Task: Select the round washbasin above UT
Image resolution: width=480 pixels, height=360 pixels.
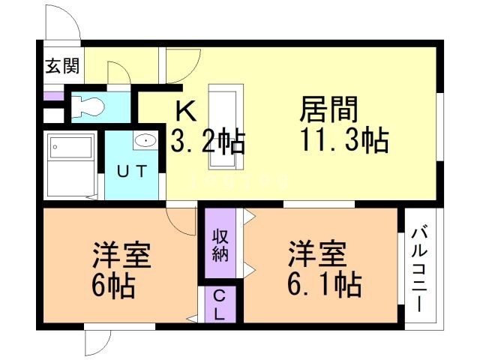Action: tap(145, 140)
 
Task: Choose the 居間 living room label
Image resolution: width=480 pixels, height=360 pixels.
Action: tap(329, 110)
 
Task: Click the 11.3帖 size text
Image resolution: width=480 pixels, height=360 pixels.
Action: tap(344, 140)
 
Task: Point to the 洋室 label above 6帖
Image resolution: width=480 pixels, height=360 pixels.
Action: tap(121, 256)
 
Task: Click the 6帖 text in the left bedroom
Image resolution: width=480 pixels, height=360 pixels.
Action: tap(114, 285)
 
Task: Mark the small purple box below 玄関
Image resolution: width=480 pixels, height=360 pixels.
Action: tap(53, 95)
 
